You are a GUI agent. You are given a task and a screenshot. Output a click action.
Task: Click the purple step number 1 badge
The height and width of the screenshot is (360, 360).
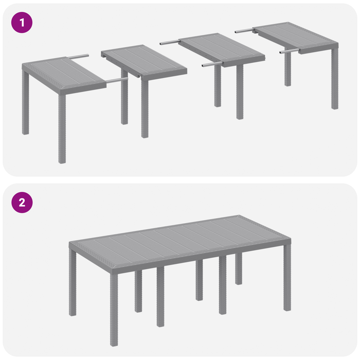coord(22,23)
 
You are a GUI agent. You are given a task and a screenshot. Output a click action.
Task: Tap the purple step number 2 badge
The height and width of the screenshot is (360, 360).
coord(22,202)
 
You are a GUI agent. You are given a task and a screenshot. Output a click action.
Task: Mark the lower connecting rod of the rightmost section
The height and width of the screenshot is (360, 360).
coord(289,51)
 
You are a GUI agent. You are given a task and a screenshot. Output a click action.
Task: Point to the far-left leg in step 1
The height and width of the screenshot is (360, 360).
coord(25,103)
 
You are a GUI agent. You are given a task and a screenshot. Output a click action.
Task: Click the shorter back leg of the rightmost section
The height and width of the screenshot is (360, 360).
coord(287,69)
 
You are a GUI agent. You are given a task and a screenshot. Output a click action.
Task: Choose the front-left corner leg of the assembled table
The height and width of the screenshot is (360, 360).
coord(114,309)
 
